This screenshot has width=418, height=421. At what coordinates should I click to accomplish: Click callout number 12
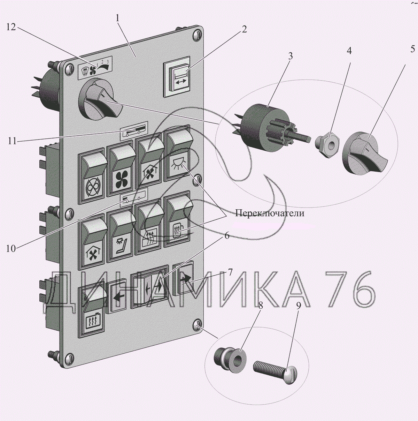(11, 27)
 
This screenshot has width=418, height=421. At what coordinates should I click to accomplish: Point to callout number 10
(11, 248)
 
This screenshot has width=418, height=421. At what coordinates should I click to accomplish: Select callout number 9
(299, 306)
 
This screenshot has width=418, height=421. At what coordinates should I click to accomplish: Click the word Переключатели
(269, 213)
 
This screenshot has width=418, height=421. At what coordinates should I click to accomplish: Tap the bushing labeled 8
(230, 359)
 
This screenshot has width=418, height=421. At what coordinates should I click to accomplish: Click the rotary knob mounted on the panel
(100, 101)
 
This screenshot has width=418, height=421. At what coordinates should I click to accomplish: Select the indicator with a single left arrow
(118, 297)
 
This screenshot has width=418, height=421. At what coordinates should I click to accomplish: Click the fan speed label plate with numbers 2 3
(95, 66)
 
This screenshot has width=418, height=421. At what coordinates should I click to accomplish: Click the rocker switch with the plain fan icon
(122, 171)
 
